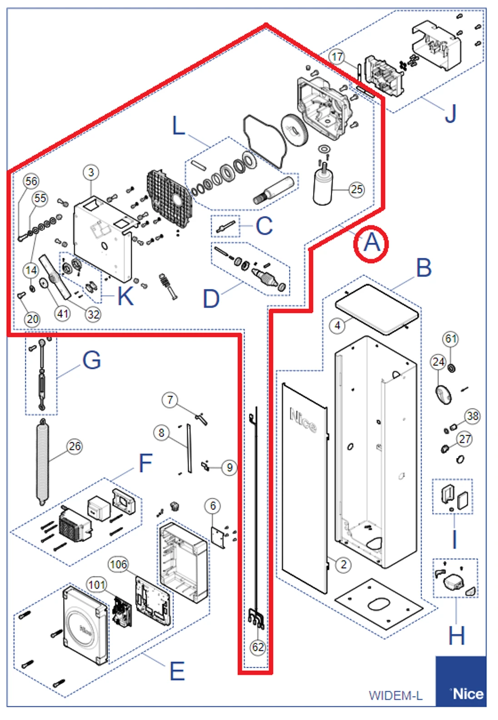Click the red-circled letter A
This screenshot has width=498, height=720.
[371, 243]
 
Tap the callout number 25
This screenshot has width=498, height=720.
[357, 189]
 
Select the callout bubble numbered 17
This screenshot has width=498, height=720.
[337, 57]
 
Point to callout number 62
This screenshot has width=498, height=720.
[258, 647]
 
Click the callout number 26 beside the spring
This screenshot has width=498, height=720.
[75, 446]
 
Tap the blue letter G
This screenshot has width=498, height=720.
[91, 360]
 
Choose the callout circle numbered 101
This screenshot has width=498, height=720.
[97, 584]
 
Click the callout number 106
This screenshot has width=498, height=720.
[118, 564]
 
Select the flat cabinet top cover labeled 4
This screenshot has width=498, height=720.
[376, 308]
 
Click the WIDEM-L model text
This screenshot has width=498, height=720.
[395, 695]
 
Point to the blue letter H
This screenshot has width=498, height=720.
[456, 635]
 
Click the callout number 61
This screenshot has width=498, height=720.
[450, 339]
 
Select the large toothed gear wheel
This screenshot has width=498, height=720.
[295, 130]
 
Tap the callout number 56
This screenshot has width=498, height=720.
[31, 181]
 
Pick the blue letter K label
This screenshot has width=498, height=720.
[125, 296]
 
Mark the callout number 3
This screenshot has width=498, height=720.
[91, 172]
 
